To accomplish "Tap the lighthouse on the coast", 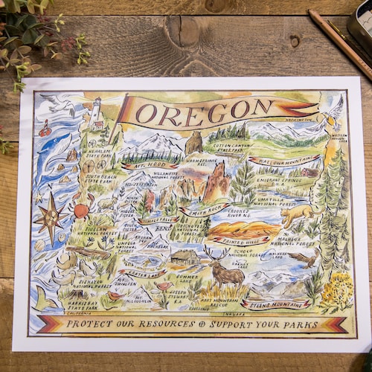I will coord(96,112).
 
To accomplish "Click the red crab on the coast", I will coord(80,210).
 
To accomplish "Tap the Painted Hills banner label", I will coord(238,240).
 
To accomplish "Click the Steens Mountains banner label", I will coord(275,303).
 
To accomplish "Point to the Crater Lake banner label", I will coord(141,273).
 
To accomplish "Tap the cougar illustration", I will coord(298,216).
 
